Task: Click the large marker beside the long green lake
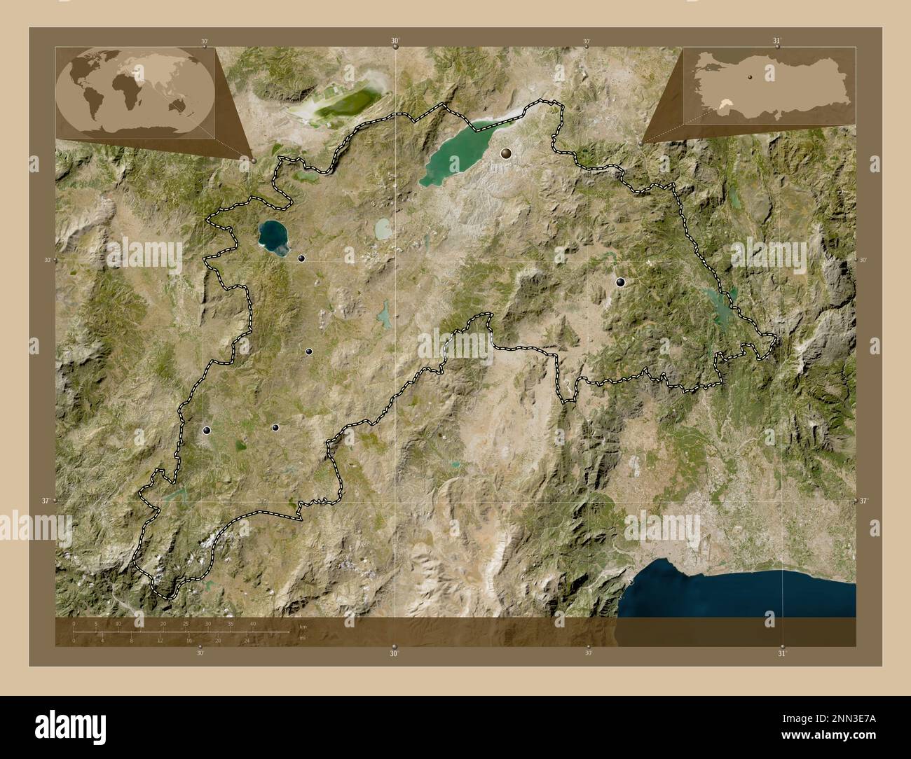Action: click(506, 152)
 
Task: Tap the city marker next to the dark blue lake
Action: click(301, 258)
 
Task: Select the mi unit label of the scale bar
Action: click(302, 638)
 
